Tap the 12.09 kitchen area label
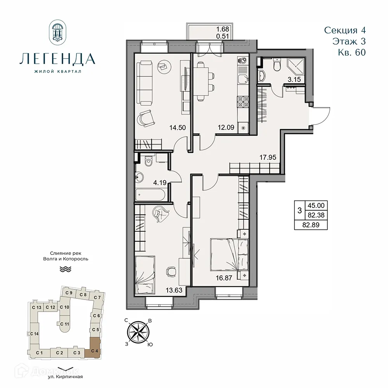[225, 126]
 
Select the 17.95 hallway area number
[267, 157]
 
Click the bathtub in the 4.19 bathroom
[151, 194]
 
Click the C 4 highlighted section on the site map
[94, 347]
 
